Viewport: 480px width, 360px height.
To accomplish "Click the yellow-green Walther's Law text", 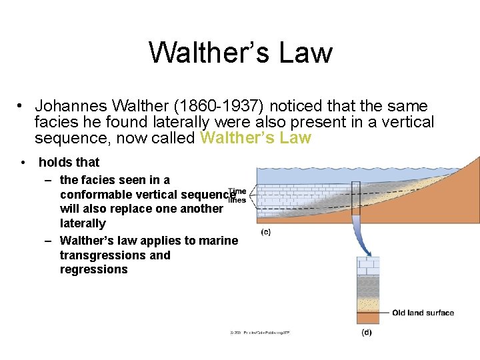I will (x=255, y=138).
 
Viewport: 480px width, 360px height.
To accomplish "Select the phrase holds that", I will (x=69, y=162).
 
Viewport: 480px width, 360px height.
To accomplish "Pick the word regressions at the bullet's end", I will (x=93, y=269).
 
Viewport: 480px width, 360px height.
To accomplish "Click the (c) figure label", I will (x=265, y=232).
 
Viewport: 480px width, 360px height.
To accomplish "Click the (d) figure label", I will (x=366, y=332).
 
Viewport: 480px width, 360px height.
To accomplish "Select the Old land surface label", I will (x=423, y=313).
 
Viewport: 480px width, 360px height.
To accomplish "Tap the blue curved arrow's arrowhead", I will (x=365, y=252).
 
